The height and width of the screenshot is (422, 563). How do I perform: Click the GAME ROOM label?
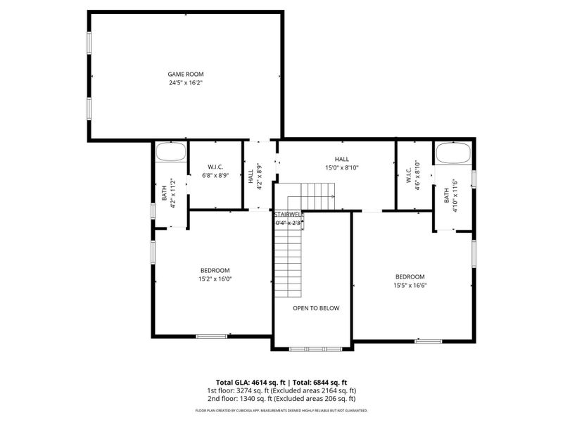pyautogui.click(x=186, y=74)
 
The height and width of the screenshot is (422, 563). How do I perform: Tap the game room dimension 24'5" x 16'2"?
pyautogui.click(x=186, y=83)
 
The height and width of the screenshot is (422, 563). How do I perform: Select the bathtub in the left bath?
pyautogui.click(x=170, y=152)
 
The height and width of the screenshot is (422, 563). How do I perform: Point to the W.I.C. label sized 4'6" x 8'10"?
pyautogui.click(x=412, y=173)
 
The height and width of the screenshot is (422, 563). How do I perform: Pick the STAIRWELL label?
pyautogui.click(x=288, y=214)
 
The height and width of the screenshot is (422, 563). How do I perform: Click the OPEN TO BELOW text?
pyautogui.click(x=316, y=308)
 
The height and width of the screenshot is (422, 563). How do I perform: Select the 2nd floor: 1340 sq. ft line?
pyautogui.click(x=281, y=399)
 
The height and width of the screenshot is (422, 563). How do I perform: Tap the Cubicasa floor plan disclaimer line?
pyautogui.click(x=281, y=410)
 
